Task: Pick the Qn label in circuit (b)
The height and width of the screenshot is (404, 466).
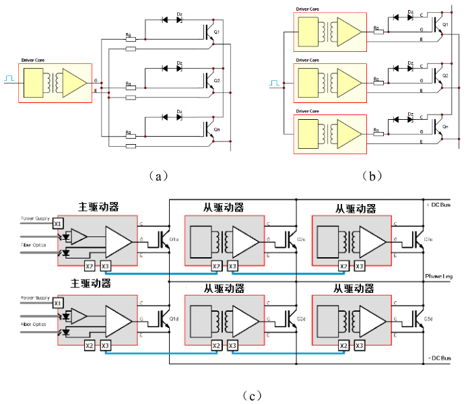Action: (x=445, y=126)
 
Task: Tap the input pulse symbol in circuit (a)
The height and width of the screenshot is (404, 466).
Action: (x=9, y=79)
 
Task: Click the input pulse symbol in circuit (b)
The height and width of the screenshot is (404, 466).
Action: (x=275, y=83)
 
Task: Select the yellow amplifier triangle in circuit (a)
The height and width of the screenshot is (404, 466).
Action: (x=74, y=83)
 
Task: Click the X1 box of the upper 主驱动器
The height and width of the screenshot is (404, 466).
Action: (x=58, y=222)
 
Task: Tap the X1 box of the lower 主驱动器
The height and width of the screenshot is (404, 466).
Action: (x=58, y=302)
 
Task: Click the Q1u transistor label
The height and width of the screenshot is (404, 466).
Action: (x=174, y=240)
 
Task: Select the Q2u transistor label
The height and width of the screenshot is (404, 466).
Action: (x=301, y=240)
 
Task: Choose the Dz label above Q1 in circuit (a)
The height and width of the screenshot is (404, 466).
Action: (x=179, y=13)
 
